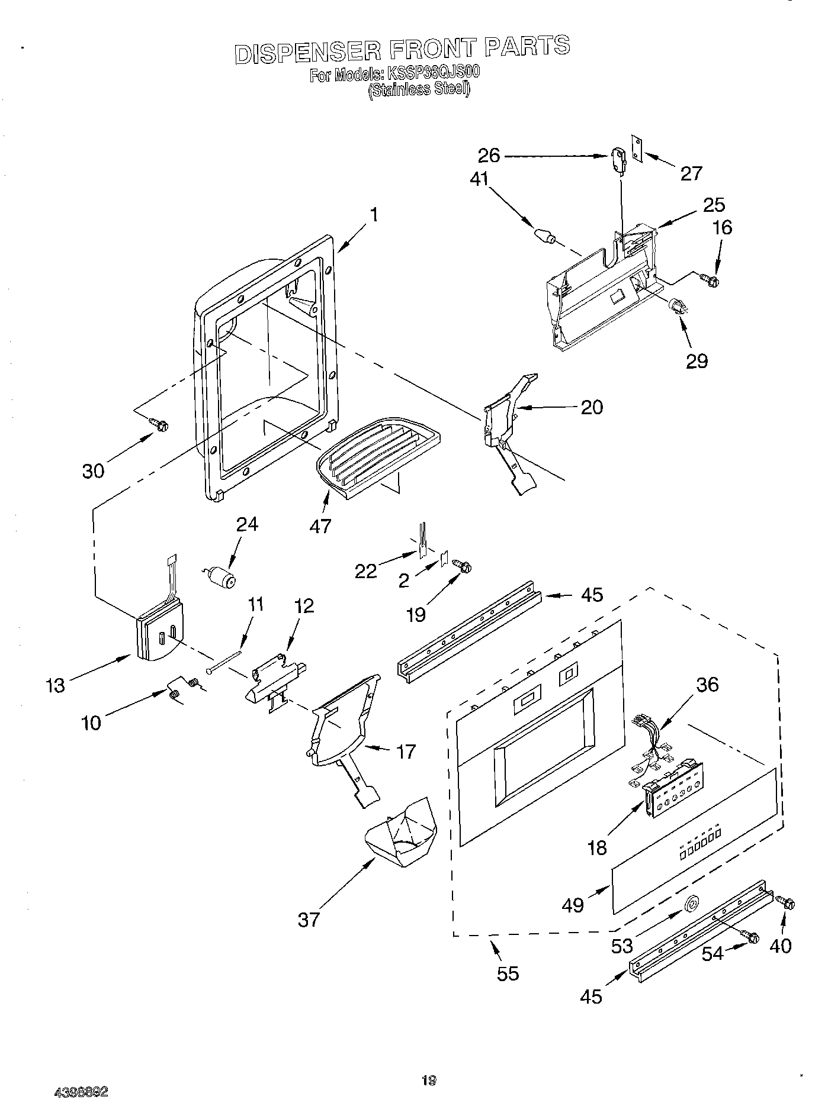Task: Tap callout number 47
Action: coord(320,525)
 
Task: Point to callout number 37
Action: coord(309,919)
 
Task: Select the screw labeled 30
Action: coord(159,424)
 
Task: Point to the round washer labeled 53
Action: coord(691,903)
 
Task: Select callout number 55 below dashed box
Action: coord(508,973)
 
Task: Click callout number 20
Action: coord(592,407)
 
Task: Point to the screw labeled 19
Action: coord(462,566)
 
